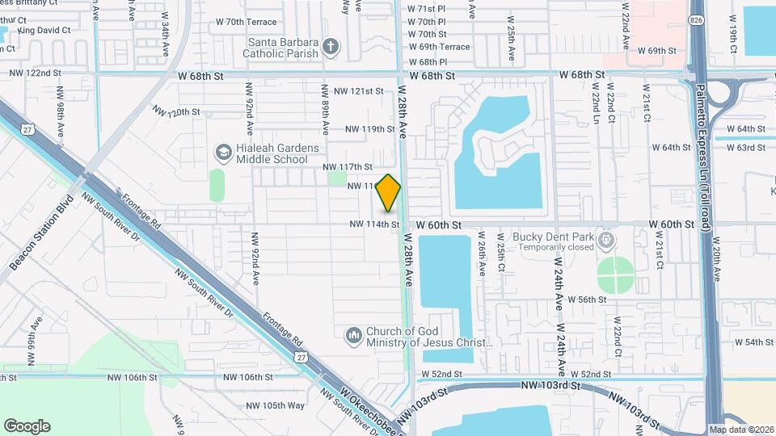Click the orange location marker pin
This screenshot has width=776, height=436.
coord(389,192)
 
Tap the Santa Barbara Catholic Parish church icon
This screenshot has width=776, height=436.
coord(331,46)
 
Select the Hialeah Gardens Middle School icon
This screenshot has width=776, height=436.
coord(223,153)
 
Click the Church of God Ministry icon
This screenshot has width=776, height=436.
coord(353,335)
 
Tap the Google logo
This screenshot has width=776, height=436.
coord(27,426)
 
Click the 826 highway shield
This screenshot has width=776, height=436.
coord(696,19)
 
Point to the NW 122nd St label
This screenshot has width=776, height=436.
coord(36,73)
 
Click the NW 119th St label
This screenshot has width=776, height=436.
coord(369,128)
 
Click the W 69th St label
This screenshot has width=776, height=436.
coord(656,50)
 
